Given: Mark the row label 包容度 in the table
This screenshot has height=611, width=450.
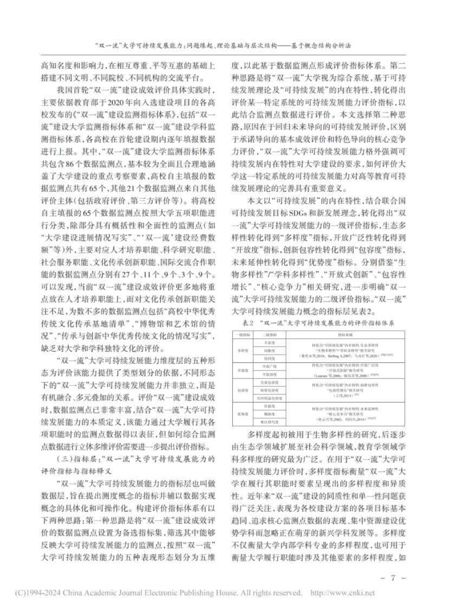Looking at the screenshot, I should point(240,391).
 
